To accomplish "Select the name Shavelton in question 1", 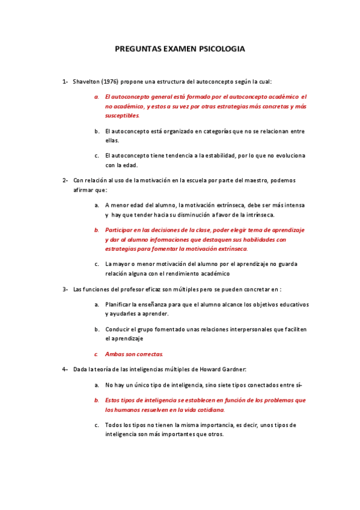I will coord(86,81).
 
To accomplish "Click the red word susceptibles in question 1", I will coord(122,115).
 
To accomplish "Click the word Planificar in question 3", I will coord(118,304).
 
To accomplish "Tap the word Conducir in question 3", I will coord(117,329).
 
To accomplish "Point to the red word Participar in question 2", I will coord(120,230).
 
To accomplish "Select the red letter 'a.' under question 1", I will coord(97,96).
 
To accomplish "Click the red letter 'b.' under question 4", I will coord(97,400).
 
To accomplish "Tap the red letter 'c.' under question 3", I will coord(96,354).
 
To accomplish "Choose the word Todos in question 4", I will coord(114,425).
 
